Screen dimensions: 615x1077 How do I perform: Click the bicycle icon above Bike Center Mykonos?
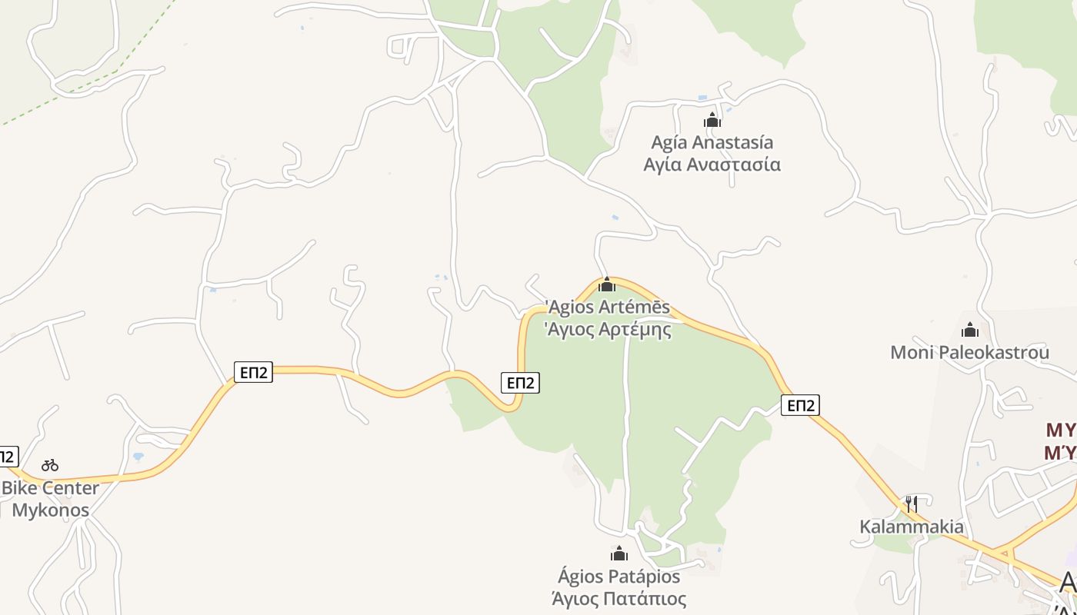tap(50, 465)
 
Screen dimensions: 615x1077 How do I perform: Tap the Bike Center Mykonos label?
tap(51, 499)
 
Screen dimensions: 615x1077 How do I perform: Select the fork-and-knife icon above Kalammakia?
tap(911, 504)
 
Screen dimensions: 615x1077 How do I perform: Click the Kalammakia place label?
tap(911, 527)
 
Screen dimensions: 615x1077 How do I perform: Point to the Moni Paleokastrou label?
tap(969, 352)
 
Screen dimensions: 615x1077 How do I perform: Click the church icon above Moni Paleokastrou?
tap(970, 331)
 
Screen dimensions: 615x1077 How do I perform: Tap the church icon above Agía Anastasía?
tap(712, 120)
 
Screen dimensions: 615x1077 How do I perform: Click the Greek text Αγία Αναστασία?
tap(712, 165)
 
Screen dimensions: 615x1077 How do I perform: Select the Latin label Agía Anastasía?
tap(712, 142)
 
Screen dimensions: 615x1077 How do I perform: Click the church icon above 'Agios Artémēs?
tap(607, 285)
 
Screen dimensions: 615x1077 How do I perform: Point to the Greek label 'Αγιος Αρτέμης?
tap(608, 330)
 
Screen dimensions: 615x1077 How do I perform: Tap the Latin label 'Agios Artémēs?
tap(608, 307)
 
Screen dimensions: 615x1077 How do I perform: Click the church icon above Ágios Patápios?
tap(619, 553)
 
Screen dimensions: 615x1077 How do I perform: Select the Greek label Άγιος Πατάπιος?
tap(619, 598)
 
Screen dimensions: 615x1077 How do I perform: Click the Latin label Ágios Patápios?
tap(619, 576)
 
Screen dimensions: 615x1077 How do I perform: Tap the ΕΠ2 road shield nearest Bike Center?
tap(253, 373)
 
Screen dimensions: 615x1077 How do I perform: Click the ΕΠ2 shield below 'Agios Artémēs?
tap(520, 382)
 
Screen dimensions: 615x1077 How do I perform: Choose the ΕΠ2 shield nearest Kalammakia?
tap(800, 405)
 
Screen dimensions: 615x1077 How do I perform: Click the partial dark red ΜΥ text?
tap(1061, 440)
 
